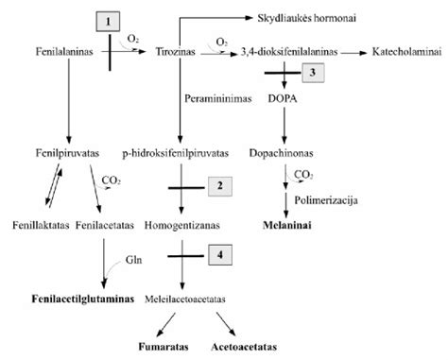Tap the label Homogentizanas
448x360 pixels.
tap(178, 228)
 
